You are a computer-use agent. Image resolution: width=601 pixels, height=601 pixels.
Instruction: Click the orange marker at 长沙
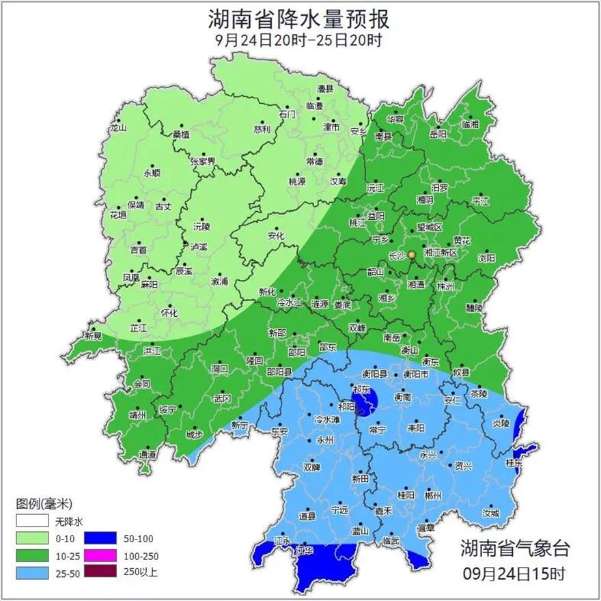click(x=412, y=255)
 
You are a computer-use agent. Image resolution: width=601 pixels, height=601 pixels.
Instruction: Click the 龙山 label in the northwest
click(x=119, y=128)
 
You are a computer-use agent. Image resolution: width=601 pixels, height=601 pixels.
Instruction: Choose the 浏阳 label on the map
click(x=486, y=258)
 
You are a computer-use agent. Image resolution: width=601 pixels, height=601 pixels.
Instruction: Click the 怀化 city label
click(x=169, y=313)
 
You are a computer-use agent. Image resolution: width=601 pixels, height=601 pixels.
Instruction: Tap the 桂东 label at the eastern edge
click(x=514, y=462)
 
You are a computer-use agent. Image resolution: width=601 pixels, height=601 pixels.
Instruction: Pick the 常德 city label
click(x=315, y=161)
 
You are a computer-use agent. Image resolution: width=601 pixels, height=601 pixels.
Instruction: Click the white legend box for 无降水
click(x=32, y=520)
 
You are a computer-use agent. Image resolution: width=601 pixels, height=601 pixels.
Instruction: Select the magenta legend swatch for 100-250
click(x=103, y=555)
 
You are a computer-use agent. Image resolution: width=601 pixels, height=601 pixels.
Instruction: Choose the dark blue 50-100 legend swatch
click(x=103, y=537)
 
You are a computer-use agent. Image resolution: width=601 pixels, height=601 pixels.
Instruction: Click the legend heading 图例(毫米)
click(x=43, y=504)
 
